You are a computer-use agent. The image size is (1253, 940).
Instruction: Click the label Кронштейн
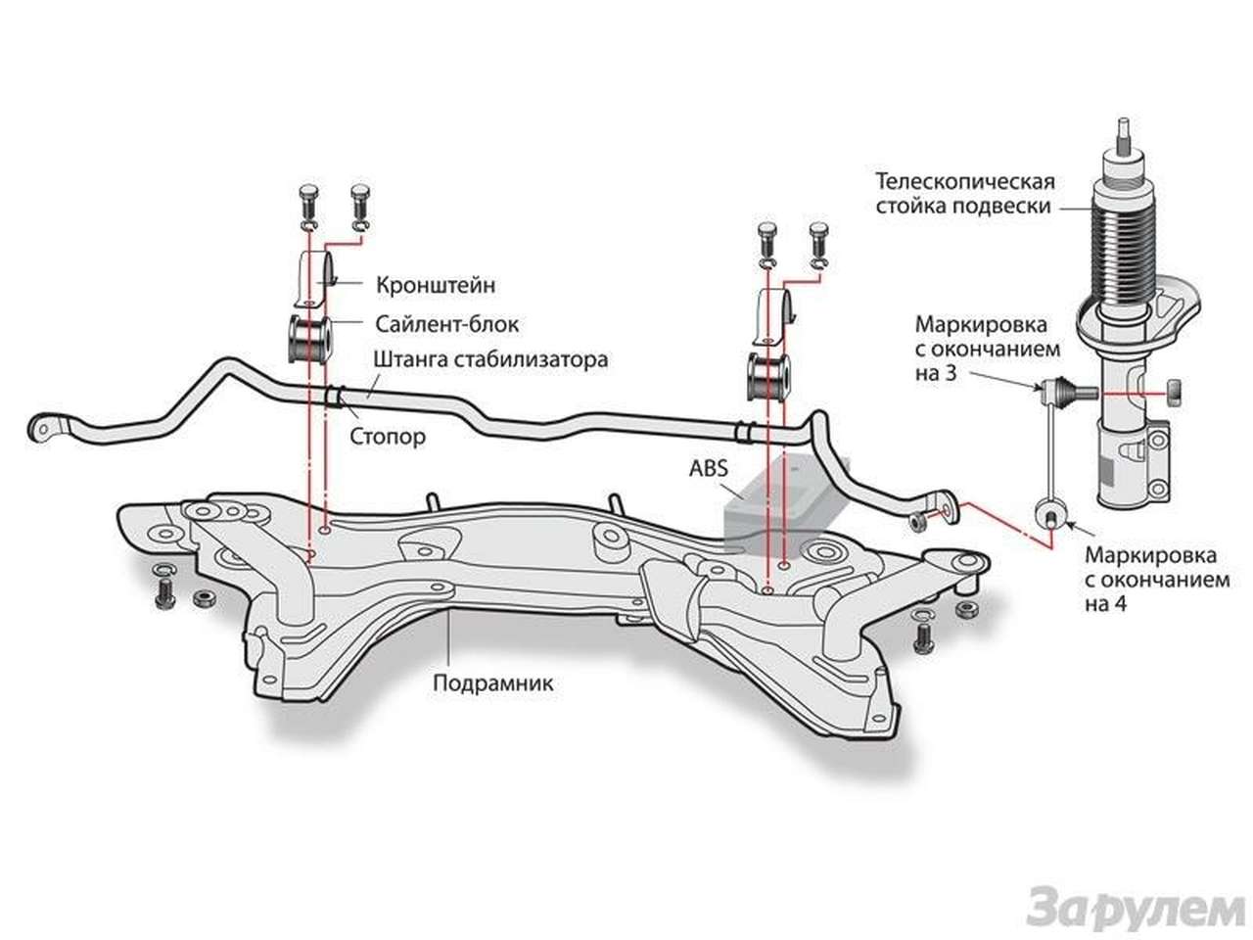click(x=435, y=285)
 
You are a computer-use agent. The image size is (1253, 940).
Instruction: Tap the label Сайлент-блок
click(x=446, y=323)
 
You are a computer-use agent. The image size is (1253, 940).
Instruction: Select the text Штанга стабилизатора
click(x=490, y=359)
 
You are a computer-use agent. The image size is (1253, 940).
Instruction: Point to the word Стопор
click(x=388, y=437)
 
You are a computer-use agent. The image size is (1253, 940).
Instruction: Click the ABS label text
click(x=709, y=468)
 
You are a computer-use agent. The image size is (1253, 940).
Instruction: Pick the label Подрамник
click(x=493, y=682)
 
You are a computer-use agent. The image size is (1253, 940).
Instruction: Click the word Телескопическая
click(x=965, y=182)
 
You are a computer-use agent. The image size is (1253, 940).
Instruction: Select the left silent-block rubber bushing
click(x=309, y=338)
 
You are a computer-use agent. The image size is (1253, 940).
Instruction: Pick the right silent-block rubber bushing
click(x=768, y=377)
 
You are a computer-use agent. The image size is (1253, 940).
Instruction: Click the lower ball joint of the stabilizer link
click(x=1049, y=511)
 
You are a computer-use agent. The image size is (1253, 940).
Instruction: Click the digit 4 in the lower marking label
click(x=1121, y=604)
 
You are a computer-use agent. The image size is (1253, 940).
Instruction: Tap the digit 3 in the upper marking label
click(x=950, y=373)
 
